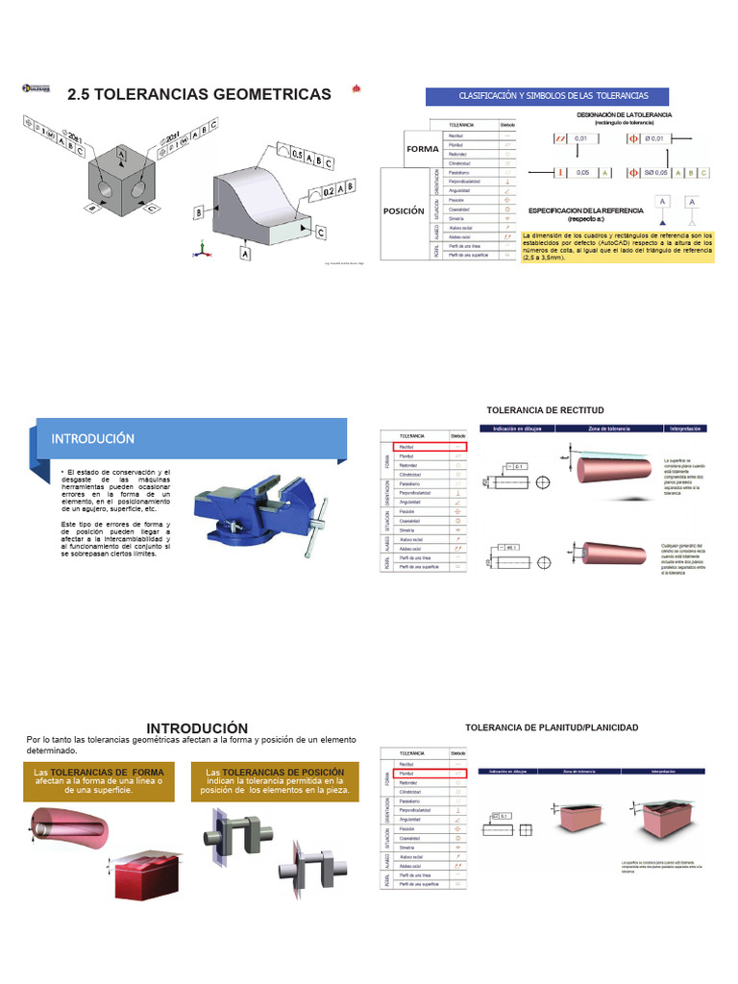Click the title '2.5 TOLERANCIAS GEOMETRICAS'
click(199, 94)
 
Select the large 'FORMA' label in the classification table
click(422, 149)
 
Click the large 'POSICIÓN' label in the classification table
click(404, 211)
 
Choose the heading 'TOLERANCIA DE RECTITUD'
click(545, 410)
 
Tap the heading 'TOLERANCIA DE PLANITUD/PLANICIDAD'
click(552, 727)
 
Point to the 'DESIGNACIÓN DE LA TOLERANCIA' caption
click(624, 118)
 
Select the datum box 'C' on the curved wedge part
click(320, 232)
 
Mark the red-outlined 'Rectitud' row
click(430, 447)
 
